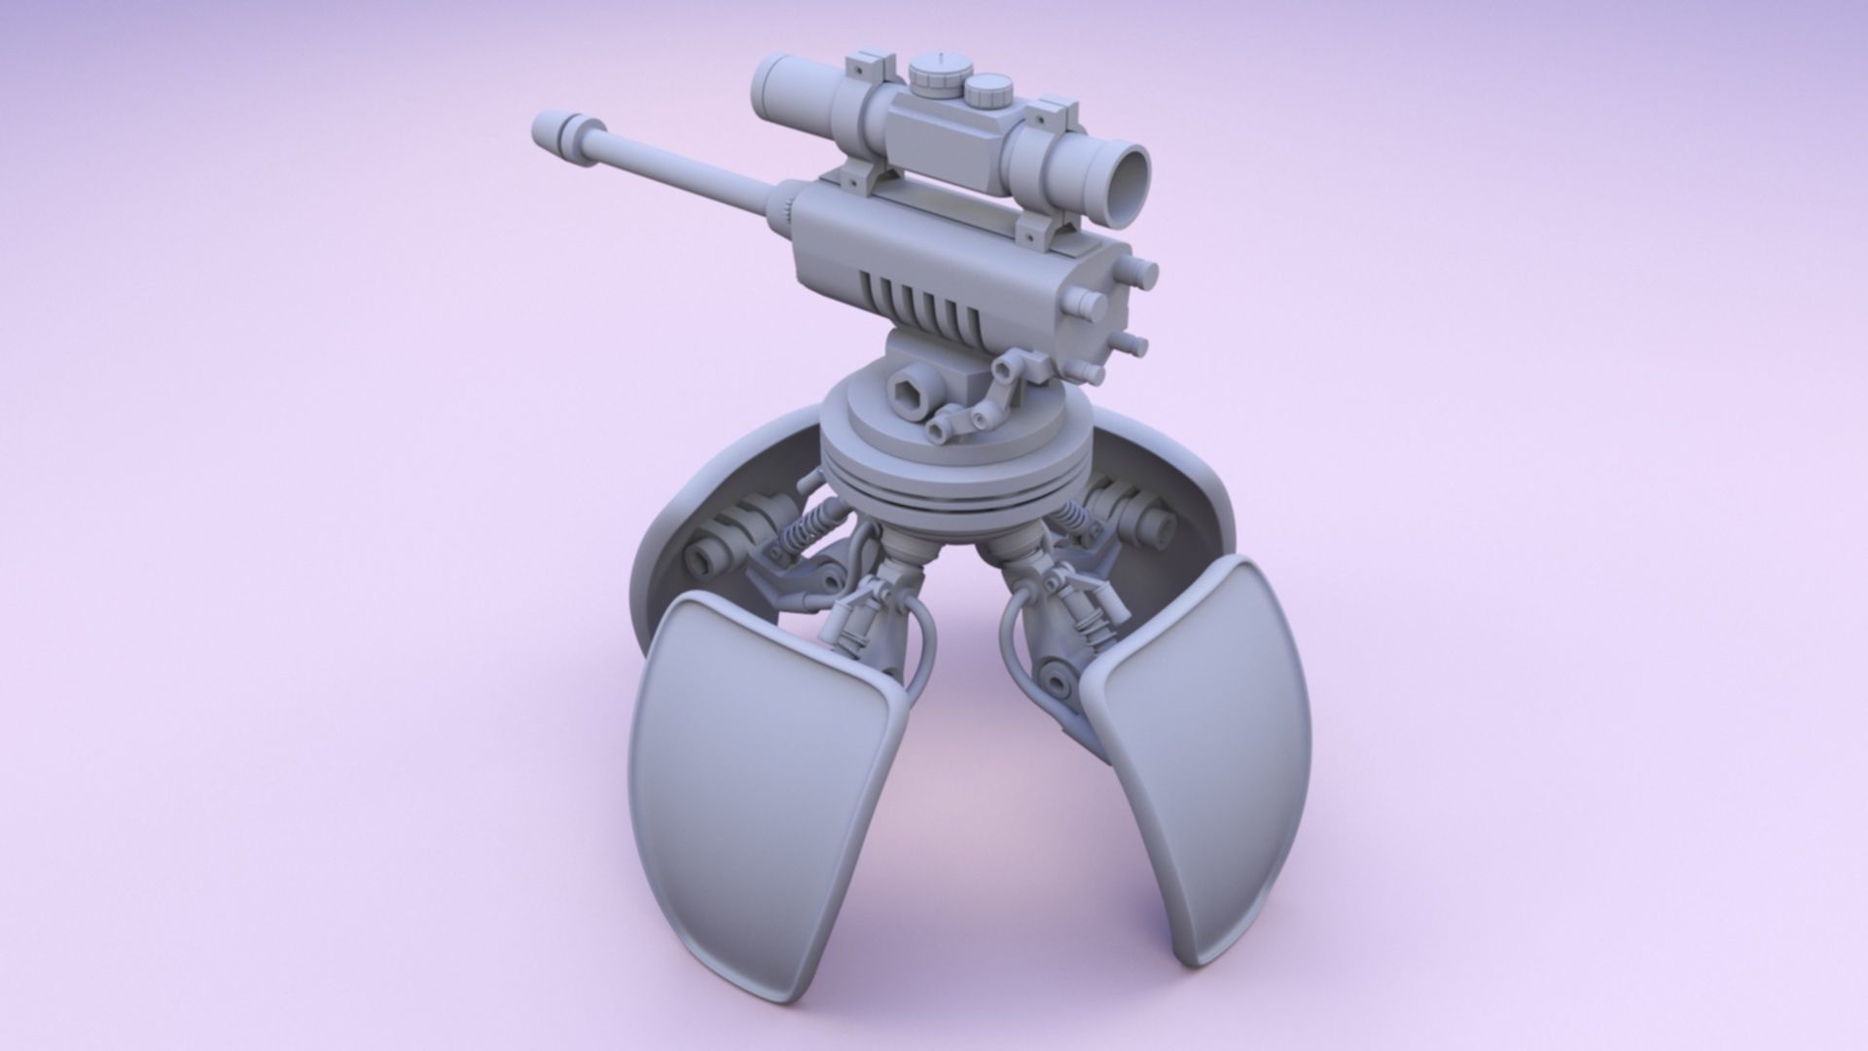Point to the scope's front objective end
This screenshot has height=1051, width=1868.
tap(774, 86)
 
